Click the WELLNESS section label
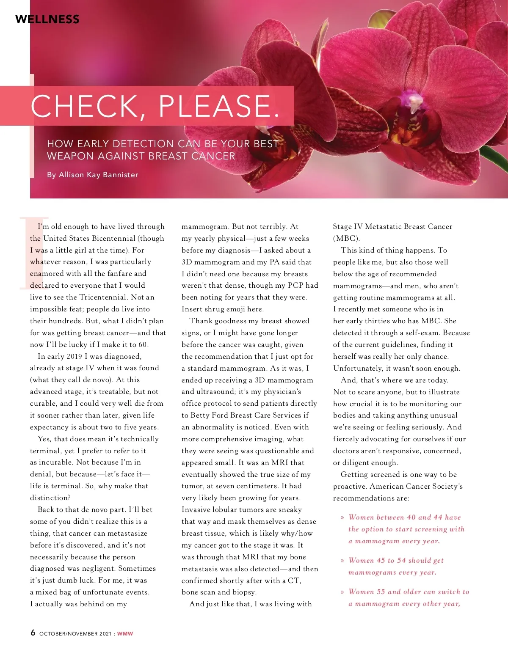click(47, 19)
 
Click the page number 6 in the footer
click(33, 633)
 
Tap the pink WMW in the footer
click(125, 633)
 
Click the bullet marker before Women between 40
click(342, 517)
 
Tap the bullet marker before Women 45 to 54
click(342, 561)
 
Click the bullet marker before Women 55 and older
click(342, 592)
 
